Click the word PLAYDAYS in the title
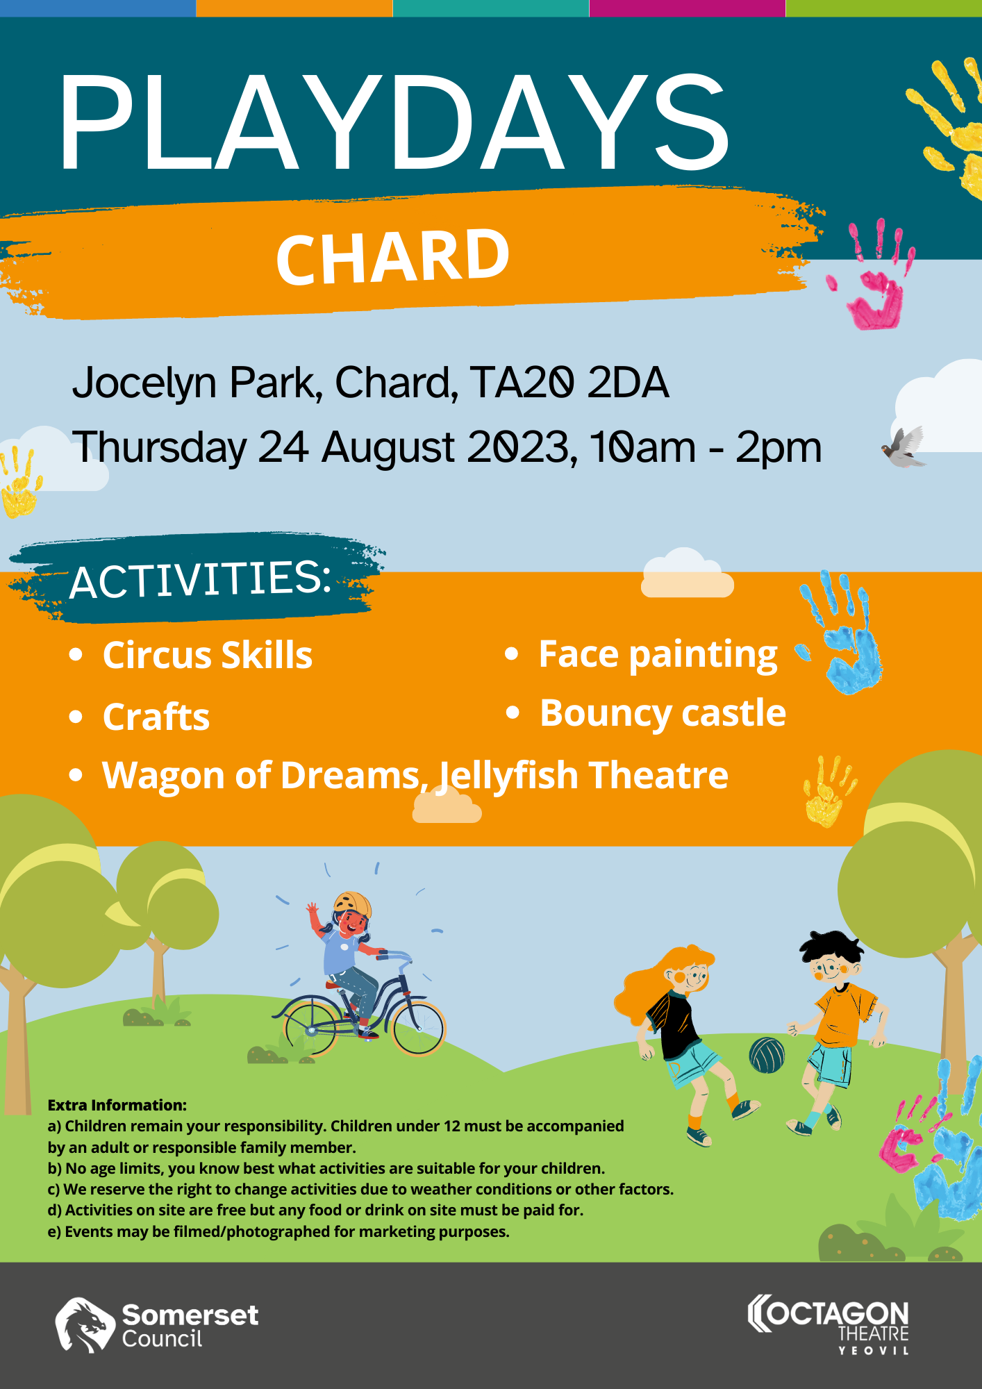pos(394,122)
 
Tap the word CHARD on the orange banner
pos(393,257)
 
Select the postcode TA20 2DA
pos(569,383)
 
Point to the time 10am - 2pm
pos(706,448)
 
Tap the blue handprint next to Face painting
pos(842,632)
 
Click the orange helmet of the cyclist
pos(353,904)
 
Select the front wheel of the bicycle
pos(418,1028)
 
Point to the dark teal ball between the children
pos(767,1055)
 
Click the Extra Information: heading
pos(117,1105)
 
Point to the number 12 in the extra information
pos(453,1126)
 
